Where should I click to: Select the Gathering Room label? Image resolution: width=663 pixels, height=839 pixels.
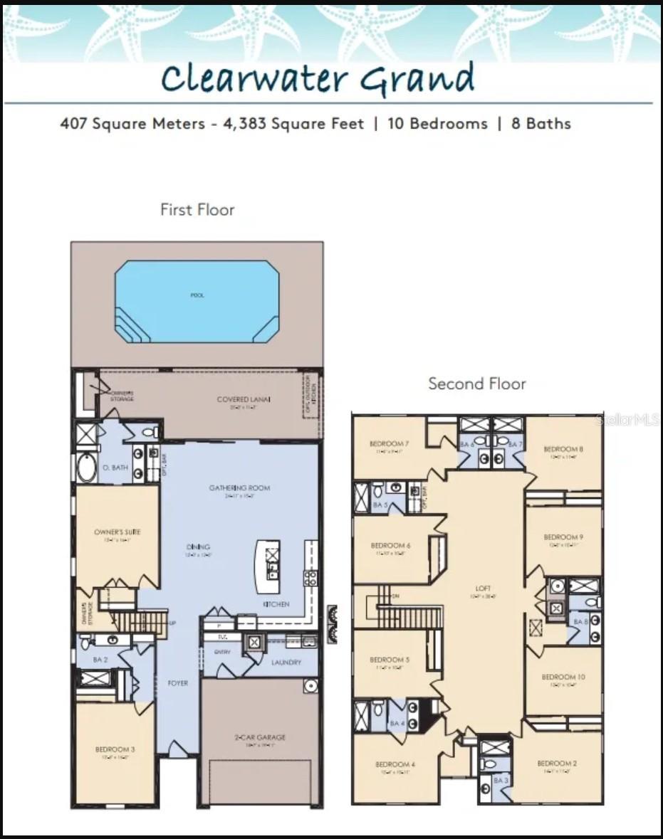239,488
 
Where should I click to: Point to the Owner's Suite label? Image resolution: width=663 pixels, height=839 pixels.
118,532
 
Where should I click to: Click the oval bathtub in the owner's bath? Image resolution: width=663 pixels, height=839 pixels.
86,469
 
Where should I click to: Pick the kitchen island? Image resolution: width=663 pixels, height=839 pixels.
268,566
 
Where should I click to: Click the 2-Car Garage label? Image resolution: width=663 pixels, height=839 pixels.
260,737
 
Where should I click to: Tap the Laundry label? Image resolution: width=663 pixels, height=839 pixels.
286,663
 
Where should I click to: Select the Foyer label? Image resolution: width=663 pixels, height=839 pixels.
178,683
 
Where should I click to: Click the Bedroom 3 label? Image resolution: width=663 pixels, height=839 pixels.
115,749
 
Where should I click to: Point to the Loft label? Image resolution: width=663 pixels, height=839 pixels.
483,589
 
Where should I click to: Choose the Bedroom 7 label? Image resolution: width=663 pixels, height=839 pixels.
389,444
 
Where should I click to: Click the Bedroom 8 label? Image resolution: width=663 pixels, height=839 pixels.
563,449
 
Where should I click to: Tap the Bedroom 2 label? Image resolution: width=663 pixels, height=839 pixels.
557,763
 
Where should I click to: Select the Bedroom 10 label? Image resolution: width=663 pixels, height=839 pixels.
563,677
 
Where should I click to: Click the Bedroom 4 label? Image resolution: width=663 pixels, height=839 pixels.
395,765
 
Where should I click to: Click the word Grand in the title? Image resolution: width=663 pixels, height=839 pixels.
417,78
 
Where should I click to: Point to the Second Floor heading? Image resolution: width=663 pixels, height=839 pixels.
476,384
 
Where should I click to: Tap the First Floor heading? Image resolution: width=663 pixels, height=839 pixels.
197,209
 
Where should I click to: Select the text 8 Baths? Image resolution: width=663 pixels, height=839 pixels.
541,123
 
